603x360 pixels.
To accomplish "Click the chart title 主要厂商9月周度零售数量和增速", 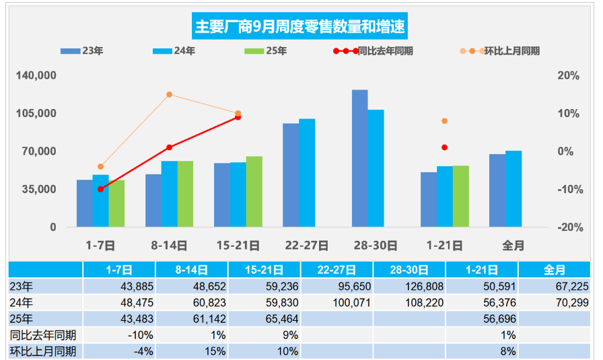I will coord(300,27).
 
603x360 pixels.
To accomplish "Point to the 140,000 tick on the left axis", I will coord(36,76).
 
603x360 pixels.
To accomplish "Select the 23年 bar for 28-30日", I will coord(359,158).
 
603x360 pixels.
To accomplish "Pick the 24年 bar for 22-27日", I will coord(307,173).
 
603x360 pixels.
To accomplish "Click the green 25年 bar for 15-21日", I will coord(254,192).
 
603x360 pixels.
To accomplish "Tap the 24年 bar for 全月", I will coord(513,189).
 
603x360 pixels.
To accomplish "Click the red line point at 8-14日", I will coord(170,147).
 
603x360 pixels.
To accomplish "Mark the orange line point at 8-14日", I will coord(170,95).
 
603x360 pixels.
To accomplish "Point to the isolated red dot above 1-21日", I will coord(445,147).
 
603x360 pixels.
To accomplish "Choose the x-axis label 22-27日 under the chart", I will coord(307,246).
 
